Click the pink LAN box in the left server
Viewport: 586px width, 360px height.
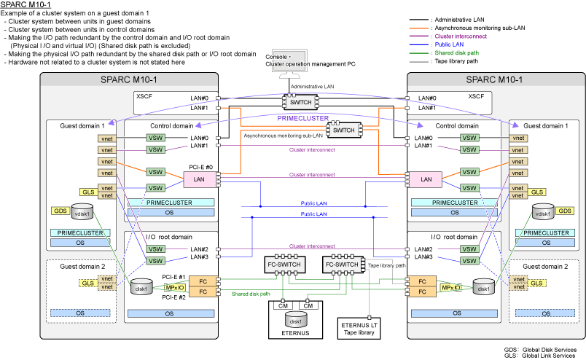pos(199,179)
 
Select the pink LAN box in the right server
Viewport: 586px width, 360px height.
pos(426,179)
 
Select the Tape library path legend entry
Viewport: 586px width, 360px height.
pos(454,61)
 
